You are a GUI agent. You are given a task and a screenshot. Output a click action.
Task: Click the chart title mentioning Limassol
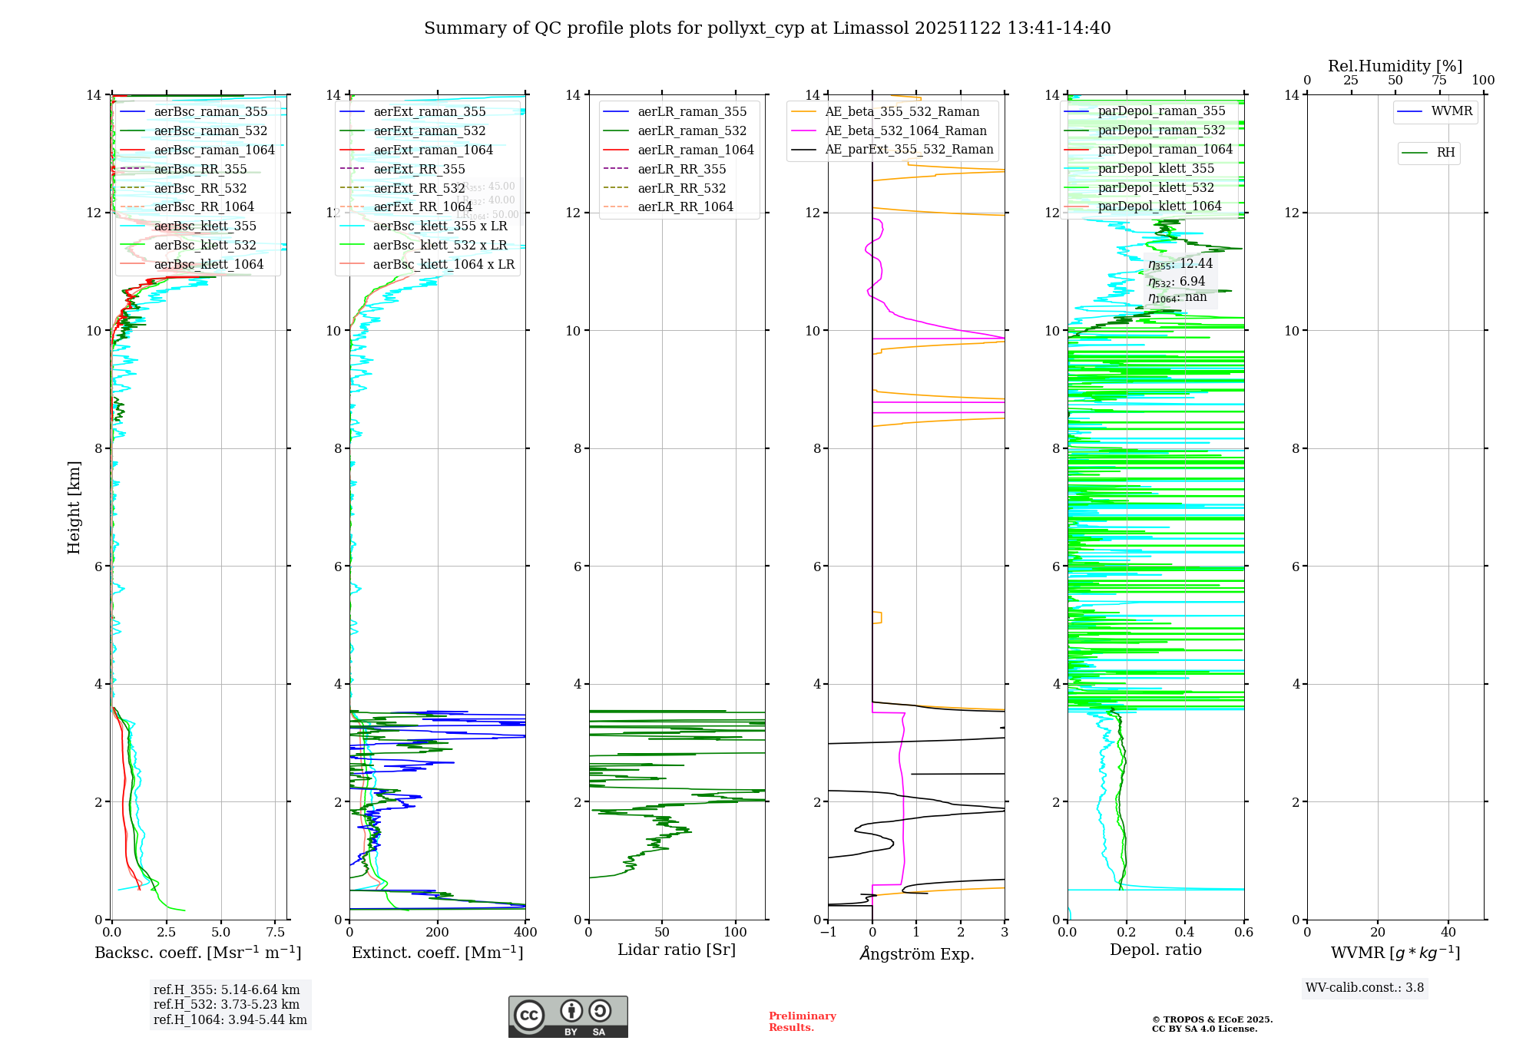tap(767, 28)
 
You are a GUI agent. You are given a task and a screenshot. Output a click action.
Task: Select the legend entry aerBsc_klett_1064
tap(208, 264)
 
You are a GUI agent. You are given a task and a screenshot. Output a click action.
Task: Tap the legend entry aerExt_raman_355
tap(429, 112)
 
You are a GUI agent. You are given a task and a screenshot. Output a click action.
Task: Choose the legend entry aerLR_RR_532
tap(681, 188)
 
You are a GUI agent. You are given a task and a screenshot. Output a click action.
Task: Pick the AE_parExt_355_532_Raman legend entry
tap(909, 150)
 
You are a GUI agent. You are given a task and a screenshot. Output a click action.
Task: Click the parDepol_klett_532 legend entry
tap(1156, 187)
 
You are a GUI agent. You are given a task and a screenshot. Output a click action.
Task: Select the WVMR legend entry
tap(1452, 111)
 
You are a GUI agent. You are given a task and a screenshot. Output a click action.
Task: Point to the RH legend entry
tap(1445, 153)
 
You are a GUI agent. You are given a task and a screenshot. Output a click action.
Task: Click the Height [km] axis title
tap(74, 507)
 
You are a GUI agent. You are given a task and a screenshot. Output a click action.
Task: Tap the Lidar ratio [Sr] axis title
tap(677, 950)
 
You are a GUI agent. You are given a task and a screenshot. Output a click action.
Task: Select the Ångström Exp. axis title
tap(916, 953)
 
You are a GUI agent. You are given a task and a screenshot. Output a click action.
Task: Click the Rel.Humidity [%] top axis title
tap(1395, 66)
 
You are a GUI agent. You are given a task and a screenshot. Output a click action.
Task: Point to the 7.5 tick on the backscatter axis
tap(276, 933)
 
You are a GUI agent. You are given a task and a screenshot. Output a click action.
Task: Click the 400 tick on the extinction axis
tap(525, 933)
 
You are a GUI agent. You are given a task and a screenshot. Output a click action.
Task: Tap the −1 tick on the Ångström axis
tap(828, 933)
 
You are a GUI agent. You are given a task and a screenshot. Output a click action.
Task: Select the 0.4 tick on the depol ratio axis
tap(1185, 933)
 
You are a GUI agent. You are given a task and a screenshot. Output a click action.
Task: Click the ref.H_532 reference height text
tap(227, 1005)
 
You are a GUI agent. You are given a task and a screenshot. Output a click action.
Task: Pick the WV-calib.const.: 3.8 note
tap(1365, 988)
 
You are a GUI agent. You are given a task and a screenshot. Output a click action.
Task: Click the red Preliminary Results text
tap(802, 1022)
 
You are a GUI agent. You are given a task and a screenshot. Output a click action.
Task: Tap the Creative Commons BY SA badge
tap(568, 1017)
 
